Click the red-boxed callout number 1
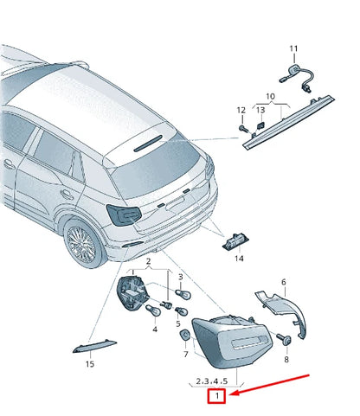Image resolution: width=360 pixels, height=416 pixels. tap(216, 396)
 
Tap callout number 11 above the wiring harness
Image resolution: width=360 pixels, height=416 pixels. tap(293, 48)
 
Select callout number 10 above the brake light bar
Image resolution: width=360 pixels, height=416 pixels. tap(270, 96)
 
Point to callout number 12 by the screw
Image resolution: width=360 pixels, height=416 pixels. tap(241, 110)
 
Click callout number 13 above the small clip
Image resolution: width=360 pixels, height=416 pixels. tap(260, 110)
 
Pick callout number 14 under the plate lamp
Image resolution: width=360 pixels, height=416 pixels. tap(239, 259)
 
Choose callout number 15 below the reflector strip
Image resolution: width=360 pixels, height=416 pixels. tap(90, 364)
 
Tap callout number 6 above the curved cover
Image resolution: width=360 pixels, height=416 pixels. tap(284, 282)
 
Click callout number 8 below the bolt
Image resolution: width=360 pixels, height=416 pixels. tap(286, 359)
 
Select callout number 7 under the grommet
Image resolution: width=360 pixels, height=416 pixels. tap(186, 354)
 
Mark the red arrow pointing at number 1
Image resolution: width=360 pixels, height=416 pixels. tap(270, 384)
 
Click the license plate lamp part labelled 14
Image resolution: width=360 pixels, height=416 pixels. tap(235, 240)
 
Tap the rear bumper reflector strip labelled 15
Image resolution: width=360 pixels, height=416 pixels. tap(94, 347)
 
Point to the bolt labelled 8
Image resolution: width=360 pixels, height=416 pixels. tap(284, 338)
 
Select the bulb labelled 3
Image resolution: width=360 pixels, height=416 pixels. tap(183, 295)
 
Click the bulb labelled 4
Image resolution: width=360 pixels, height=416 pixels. tap(153, 310)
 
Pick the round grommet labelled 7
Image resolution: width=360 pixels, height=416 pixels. tap(184, 335)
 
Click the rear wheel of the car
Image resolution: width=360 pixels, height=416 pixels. tap(82, 244)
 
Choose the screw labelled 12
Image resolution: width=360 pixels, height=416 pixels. tap(243, 128)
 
